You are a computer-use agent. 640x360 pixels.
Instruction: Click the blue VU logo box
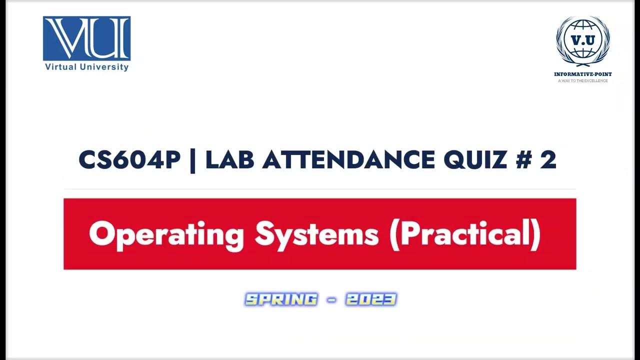coord(86,38)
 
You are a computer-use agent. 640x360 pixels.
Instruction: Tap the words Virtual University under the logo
coord(86,67)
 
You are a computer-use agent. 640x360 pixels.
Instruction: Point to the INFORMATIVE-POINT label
coord(582,74)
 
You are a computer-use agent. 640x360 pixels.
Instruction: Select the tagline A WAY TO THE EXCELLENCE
coord(582,80)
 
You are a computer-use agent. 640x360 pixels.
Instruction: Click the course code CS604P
coord(129,160)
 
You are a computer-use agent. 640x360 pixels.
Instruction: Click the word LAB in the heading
coord(230,160)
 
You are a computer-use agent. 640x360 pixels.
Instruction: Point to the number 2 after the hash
coord(548,160)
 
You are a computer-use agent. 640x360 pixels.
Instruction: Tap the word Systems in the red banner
coord(316,234)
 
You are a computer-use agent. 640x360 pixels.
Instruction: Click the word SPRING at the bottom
coord(281,299)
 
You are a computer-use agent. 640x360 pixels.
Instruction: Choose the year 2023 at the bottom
coord(370,299)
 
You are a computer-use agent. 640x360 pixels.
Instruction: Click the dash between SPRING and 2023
coord(331,300)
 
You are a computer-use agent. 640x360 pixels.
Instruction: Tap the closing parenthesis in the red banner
coord(536,234)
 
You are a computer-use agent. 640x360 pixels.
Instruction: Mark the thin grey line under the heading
coord(320,189)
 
